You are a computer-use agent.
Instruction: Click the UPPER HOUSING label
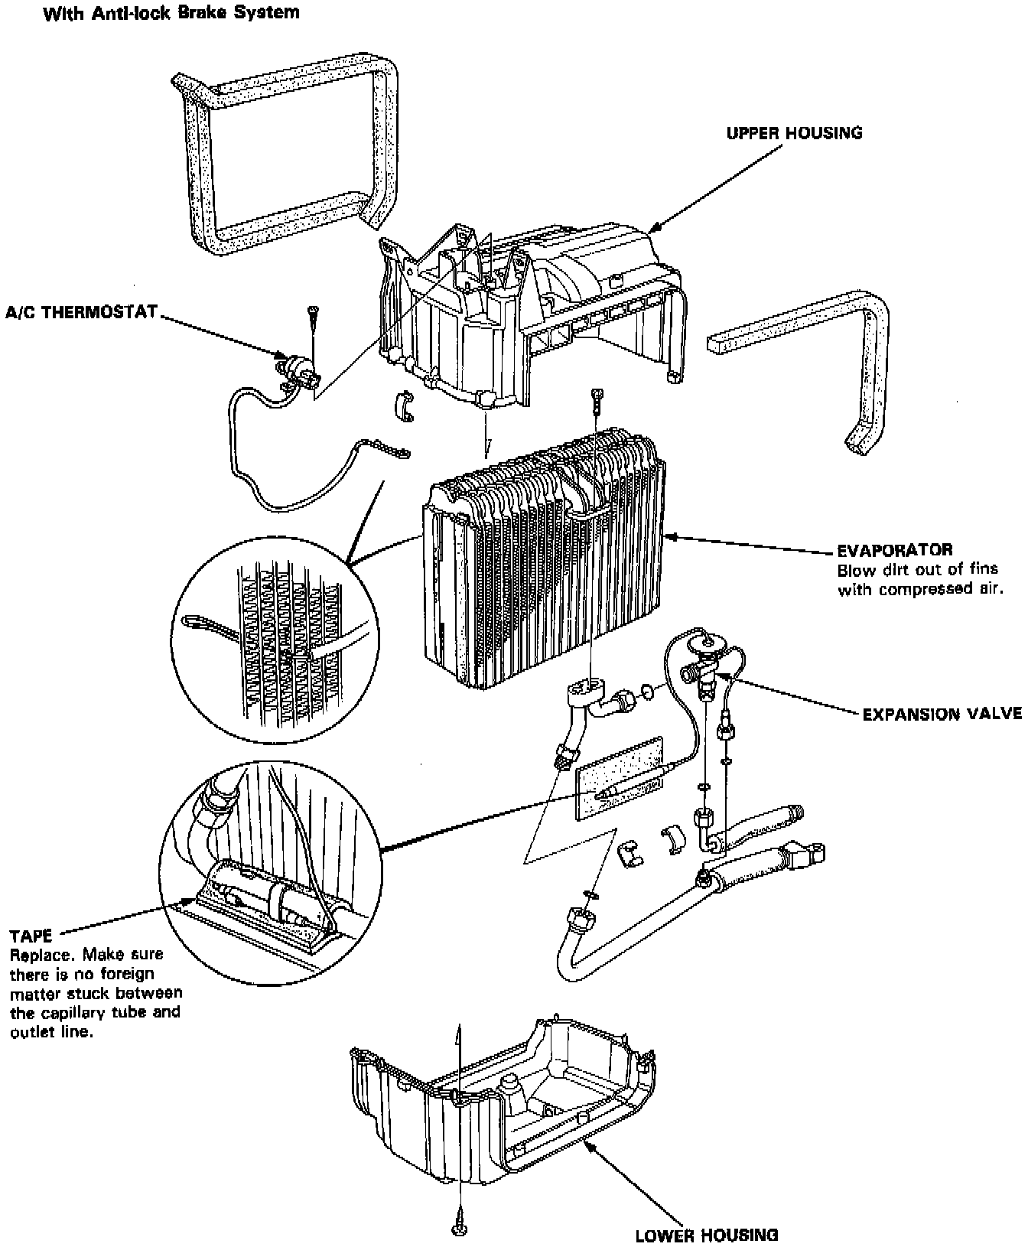(x=794, y=132)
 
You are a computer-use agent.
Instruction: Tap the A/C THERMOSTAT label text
(x=80, y=311)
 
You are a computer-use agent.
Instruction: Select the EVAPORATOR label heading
(x=895, y=549)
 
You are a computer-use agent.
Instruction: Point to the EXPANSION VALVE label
(x=942, y=714)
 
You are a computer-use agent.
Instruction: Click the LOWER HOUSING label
(x=707, y=1234)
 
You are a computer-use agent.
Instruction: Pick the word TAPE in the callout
(x=31, y=936)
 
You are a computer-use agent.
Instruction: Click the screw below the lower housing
(x=460, y=1227)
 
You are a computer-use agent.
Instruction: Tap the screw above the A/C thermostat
(x=314, y=312)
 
